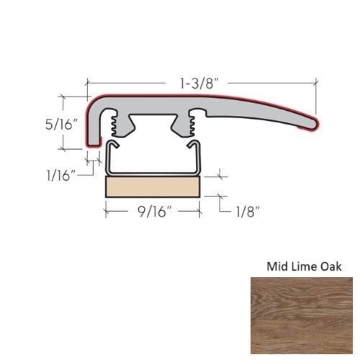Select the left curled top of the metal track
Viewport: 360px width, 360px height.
tap(111, 146)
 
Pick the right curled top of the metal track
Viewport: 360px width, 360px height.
tap(195, 146)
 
